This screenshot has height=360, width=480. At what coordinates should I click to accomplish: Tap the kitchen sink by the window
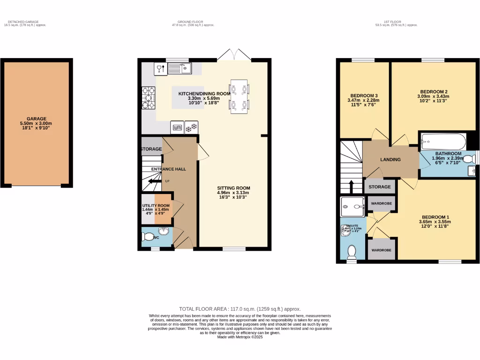point(180,69)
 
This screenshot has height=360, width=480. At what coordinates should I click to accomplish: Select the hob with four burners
point(149,98)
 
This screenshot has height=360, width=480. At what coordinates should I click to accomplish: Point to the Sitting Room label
point(233,187)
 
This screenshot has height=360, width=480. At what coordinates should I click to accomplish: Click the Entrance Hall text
point(168,169)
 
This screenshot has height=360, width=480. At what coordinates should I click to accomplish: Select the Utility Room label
point(156,205)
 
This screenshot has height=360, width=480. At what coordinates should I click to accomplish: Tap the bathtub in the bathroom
point(443,141)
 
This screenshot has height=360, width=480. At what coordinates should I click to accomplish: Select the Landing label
point(390,159)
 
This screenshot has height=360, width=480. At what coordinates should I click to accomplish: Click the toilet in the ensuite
point(352,253)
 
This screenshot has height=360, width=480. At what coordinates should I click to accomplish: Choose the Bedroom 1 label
point(434,217)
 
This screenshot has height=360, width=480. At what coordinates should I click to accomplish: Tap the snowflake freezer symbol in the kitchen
point(191,127)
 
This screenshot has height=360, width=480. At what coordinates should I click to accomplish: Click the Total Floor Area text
point(240,309)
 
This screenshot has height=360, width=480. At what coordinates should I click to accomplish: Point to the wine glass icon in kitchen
point(160,69)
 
